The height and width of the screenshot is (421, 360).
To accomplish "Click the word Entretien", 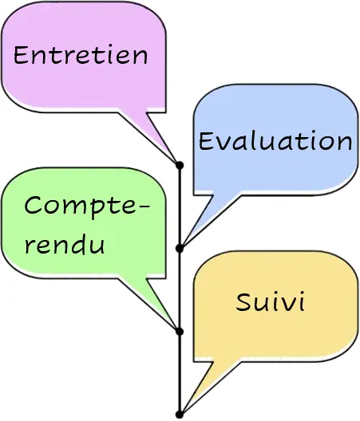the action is [81, 55].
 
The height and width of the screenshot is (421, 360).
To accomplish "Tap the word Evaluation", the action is [275, 140].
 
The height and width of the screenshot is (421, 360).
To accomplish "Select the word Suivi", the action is [271, 301].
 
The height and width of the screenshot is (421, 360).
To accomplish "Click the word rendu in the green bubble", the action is [65, 244].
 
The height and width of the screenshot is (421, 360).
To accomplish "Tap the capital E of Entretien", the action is [20, 55].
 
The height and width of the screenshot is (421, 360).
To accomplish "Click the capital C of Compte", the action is [33, 205].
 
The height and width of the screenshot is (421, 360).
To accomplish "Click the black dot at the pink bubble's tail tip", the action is [180, 165].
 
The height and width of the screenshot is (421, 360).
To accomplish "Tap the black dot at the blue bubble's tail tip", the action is [180, 249].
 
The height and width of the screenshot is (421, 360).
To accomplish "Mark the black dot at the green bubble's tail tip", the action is [180, 332].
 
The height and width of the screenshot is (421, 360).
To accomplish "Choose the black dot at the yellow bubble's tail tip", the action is [180, 415].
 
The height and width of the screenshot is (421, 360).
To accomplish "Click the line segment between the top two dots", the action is [180, 207].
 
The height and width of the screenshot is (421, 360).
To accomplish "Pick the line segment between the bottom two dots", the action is [180, 373].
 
